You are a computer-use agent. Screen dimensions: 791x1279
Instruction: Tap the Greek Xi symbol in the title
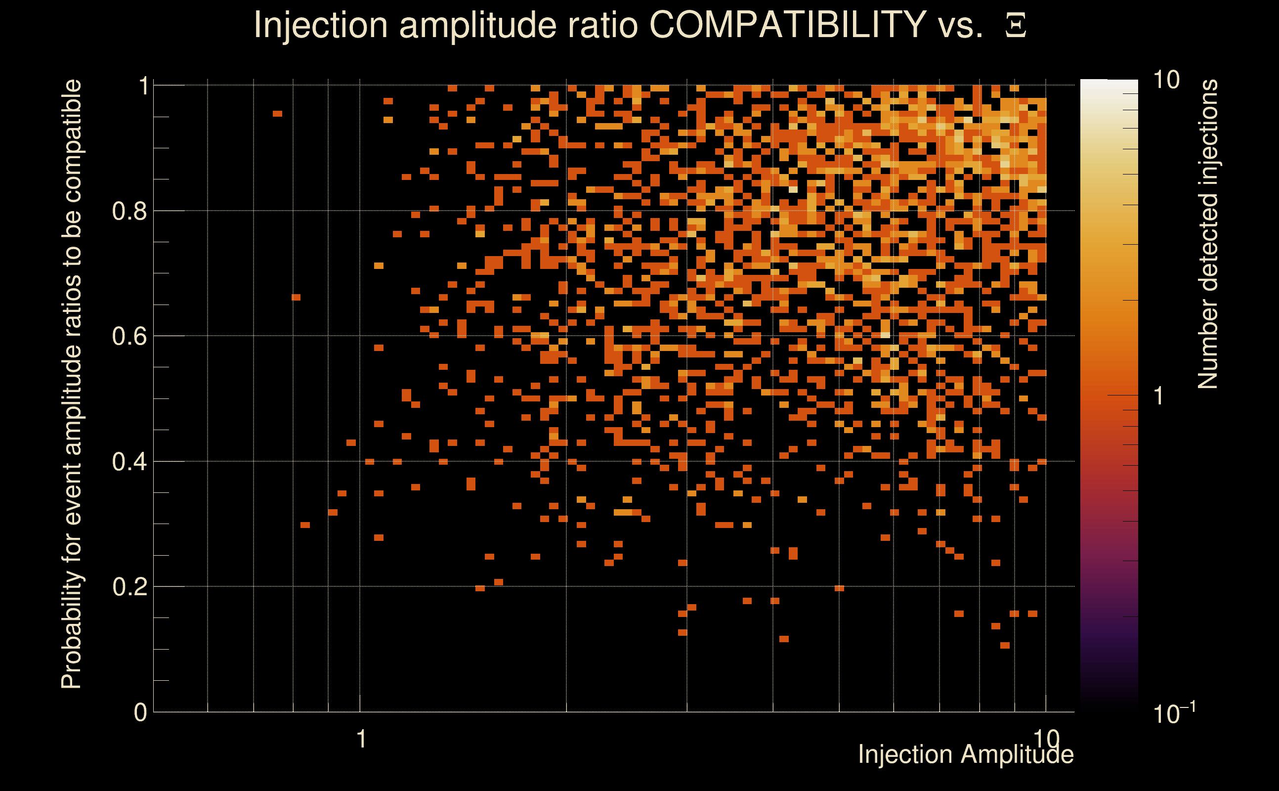click(1016, 26)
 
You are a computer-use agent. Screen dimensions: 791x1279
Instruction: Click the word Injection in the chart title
click(320, 25)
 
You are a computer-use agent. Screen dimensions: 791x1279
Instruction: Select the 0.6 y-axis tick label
click(129, 336)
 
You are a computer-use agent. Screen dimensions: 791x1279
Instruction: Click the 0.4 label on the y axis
click(129, 461)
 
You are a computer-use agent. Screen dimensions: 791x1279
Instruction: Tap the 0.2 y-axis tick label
click(129, 586)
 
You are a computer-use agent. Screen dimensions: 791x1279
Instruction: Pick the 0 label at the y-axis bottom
click(140, 712)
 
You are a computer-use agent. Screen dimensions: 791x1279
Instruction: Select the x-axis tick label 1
click(361, 739)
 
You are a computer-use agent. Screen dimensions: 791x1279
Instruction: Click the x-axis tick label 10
click(1046, 739)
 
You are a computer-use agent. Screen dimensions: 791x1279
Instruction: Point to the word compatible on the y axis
click(72, 141)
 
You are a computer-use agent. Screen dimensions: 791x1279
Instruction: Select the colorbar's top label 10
click(1166, 80)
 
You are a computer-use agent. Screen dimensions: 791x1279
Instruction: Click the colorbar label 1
click(1159, 396)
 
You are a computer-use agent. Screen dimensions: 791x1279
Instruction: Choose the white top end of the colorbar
click(1108, 84)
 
